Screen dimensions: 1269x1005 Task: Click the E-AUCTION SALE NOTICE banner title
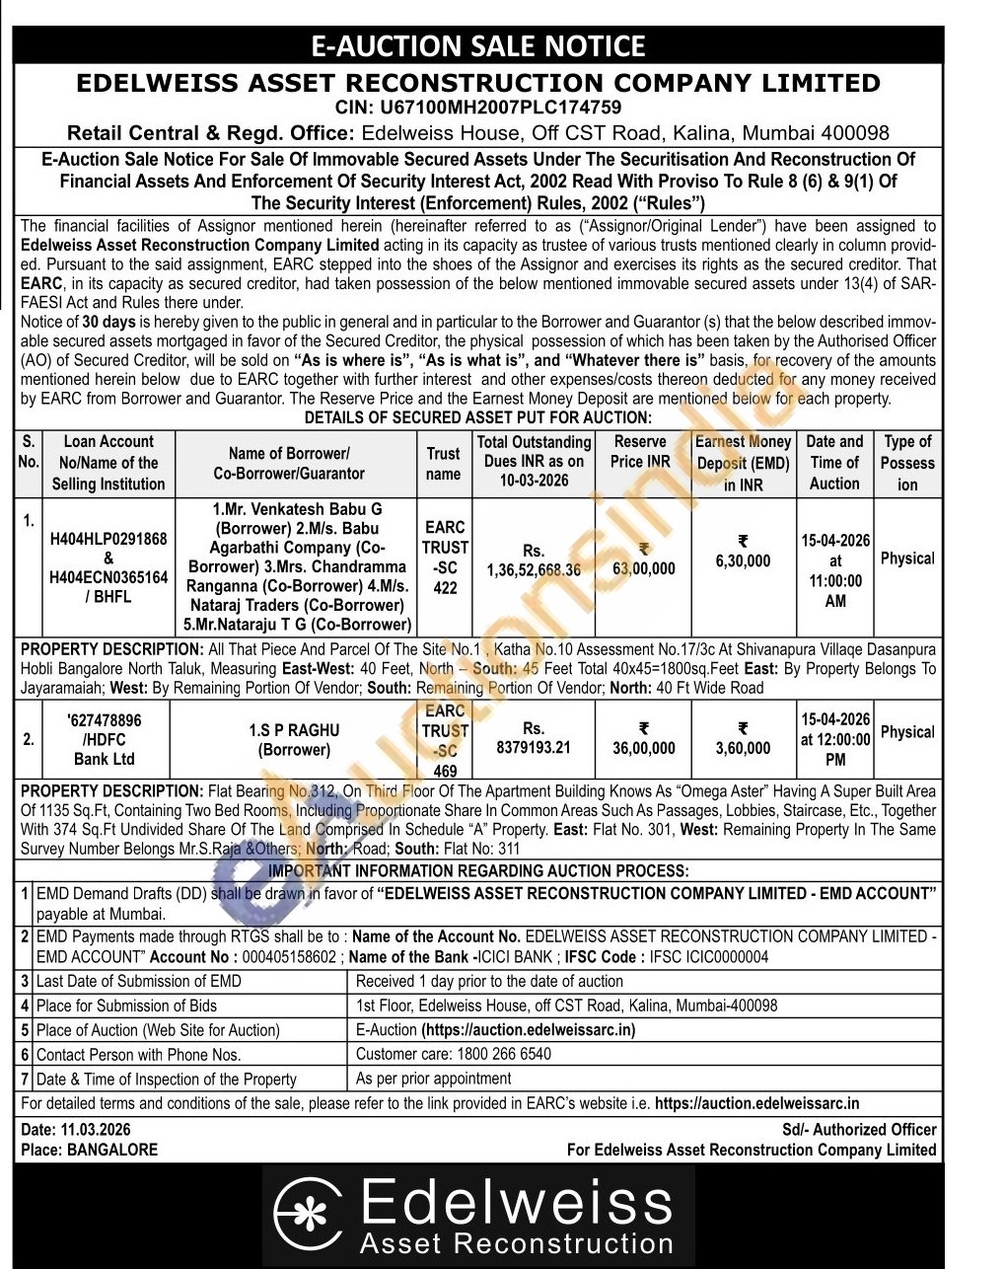[478, 46]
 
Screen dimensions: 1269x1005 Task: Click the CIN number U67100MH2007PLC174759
[478, 108]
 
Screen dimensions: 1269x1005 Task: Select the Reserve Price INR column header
[640, 452]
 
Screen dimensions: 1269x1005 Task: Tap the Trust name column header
[443, 463]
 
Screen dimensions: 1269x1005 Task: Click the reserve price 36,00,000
[644, 748]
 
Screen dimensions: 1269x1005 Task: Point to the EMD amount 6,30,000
[743, 560]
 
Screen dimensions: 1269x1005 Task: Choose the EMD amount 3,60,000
[743, 748]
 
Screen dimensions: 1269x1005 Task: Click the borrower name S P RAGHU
[294, 730]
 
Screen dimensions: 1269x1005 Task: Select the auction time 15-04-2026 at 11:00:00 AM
[835, 570]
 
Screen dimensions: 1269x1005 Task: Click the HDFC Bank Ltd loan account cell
[105, 740]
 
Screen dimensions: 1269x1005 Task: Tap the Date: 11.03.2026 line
[76, 1130]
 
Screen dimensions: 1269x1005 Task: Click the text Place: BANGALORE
[89, 1150]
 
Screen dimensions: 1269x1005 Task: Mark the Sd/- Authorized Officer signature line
[859, 1130]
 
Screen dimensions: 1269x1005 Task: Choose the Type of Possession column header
[907, 463]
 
